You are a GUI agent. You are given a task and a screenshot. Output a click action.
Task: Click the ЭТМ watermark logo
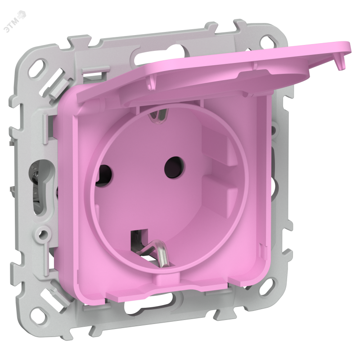[15, 21]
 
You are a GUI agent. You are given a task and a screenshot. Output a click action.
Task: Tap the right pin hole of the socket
[175, 167]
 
